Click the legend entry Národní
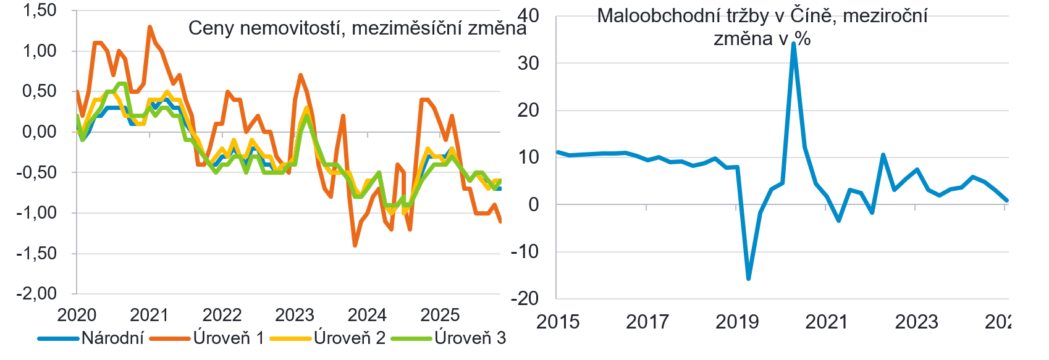tap(112, 338)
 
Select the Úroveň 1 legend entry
tap(228, 338)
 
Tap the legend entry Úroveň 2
tap(349, 338)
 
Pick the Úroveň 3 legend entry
tap(470, 338)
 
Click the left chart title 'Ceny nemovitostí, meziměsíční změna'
tap(357, 28)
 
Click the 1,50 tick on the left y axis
tap(40, 10)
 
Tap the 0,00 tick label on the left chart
tap(40, 132)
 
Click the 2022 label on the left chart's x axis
tap(222, 315)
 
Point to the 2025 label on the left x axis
tap(440, 315)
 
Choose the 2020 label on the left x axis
tap(77, 315)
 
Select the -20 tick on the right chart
tap(524, 298)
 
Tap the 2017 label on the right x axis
tap(647, 322)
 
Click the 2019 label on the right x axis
tap(736, 322)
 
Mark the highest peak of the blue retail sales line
tap(793, 43)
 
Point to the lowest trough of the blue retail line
tap(749, 279)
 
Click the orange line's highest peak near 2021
tap(150, 27)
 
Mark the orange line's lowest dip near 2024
tap(355, 245)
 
